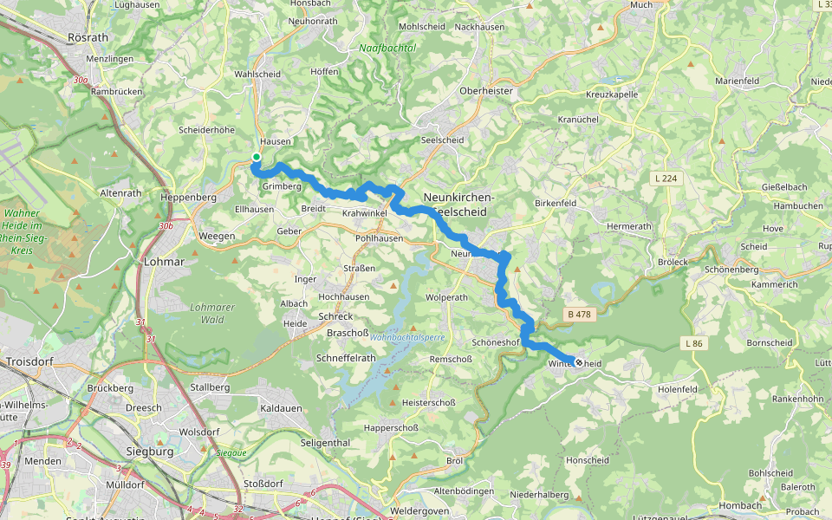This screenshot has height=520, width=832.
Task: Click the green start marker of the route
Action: pyautogui.click(x=257, y=157)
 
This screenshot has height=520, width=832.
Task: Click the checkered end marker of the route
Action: pyautogui.click(x=578, y=363)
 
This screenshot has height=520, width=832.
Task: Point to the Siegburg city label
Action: pyautogui.click(x=149, y=452)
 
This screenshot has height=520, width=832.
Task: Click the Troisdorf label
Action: pyautogui.click(x=31, y=361)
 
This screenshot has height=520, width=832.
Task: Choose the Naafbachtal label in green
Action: pyautogui.click(x=387, y=49)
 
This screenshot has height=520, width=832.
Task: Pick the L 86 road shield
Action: pyautogui.click(x=694, y=344)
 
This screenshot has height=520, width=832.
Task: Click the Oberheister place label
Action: pyautogui.click(x=486, y=91)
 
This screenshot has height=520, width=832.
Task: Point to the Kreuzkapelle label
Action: pyautogui.click(x=612, y=94)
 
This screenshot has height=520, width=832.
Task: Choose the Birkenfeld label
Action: pyautogui.click(x=556, y=203)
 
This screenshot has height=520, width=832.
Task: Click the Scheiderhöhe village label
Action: pyautogui.click(x=206, y=130)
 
